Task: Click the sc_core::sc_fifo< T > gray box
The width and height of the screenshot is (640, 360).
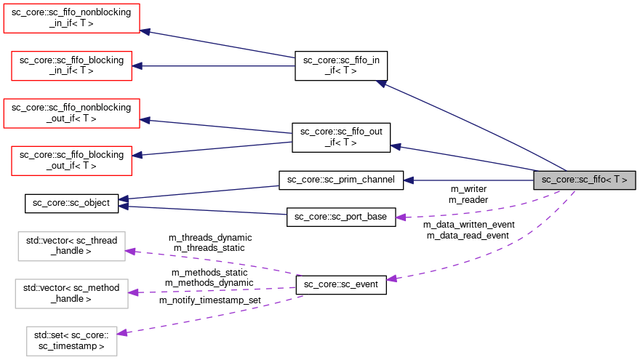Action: pos(584,180)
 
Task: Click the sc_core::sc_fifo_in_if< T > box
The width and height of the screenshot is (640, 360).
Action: pos(340,65)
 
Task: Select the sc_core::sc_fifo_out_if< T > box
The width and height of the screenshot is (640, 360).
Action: pos(340,137)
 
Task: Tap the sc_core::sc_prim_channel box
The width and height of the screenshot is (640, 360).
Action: pos(340,180)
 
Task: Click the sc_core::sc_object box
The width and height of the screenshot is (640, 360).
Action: pos(71,203)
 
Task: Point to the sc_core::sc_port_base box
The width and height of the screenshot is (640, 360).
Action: pos(340,217)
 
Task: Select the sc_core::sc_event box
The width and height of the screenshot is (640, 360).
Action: pos(340,284)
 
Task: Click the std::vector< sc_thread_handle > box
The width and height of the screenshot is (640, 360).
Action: pos(71,246)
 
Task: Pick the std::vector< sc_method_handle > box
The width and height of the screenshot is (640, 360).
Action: pos(71,293)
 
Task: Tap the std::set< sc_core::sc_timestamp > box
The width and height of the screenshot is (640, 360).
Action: pos(71,340)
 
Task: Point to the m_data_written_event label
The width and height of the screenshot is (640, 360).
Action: pos(468,225)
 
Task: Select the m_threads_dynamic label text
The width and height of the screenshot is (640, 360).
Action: pos(210,238)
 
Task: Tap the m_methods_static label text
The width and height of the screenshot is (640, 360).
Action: pos(209,273)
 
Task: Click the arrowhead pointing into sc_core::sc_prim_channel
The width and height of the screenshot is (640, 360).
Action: pos(409,180)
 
